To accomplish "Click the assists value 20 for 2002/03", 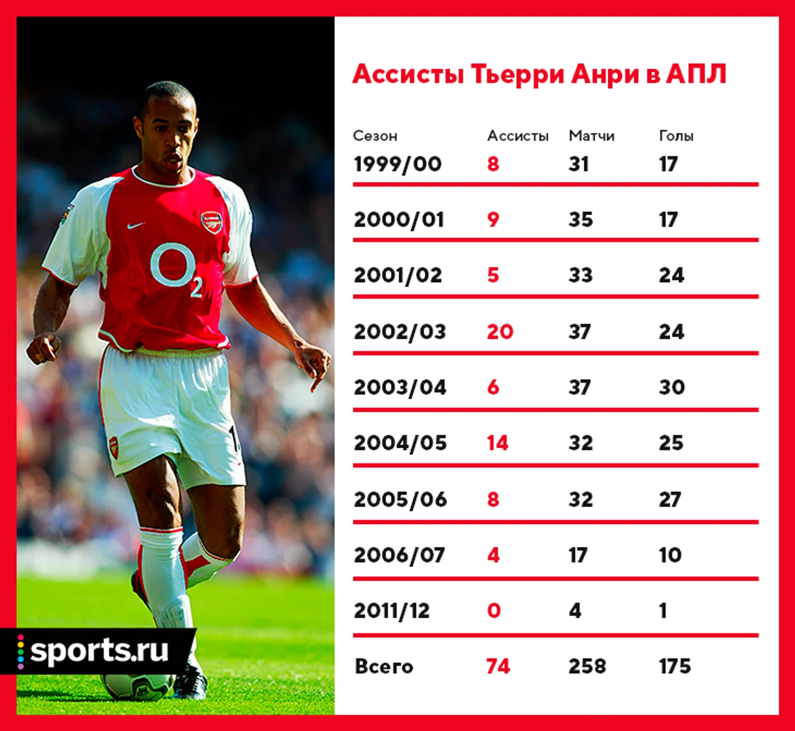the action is click(x=500, y=332).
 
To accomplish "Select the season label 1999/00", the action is click(x=397, y=164).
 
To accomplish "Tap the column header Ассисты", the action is click(x=518, y=136).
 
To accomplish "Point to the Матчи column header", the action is click(x=592, y=136).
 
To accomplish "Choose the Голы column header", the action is click(x=676, y=136).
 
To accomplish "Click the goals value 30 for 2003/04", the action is click(x=672, y=387).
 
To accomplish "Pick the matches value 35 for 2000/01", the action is click(x=580, y=220).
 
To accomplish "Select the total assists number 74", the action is click(x=498, y=666).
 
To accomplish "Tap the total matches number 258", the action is click(x=588, y=666).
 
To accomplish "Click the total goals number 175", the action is click(x=675, y=666).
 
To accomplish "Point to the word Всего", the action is click(x=384, y=666).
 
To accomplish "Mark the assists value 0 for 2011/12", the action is click(x=494, y=611).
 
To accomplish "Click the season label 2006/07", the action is click(x=399, y=555).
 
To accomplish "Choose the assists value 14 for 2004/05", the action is click(x=497, y=443).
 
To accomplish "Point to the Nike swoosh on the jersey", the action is click(x=136, y=226).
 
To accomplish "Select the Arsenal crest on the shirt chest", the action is click(x=211, y=222).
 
